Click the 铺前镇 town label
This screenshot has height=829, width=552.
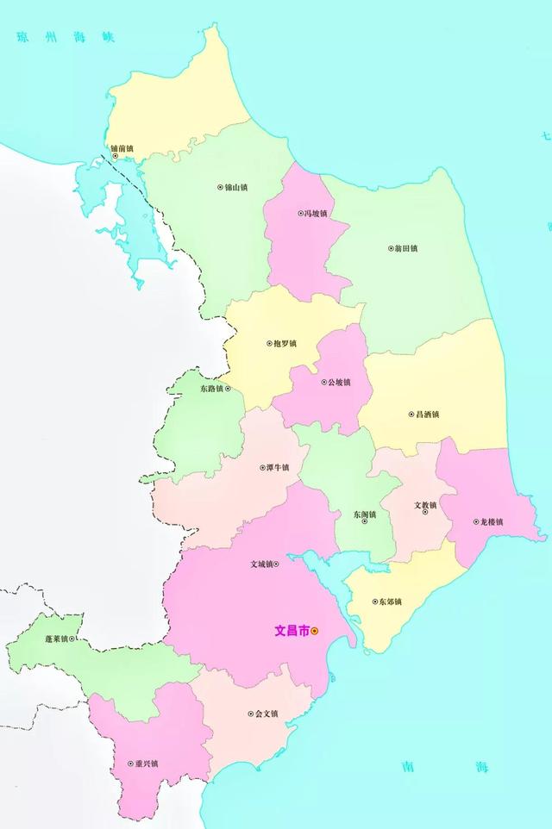[x=122, y=148]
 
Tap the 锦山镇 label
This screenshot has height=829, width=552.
[x=235, y=187]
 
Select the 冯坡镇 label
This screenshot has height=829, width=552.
[x=316, y=214]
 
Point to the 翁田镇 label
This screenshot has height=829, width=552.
[x=405, y=249]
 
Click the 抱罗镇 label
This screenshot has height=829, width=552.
[x=284, y=343]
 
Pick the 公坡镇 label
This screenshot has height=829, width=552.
[x=338, y=383]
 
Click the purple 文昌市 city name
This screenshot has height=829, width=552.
[x=292, y=631]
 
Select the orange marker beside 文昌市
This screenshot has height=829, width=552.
[x=315, y=631]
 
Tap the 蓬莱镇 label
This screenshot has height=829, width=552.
[x=55, y=639]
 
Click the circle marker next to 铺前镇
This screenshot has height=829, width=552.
[x=116, y=157]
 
